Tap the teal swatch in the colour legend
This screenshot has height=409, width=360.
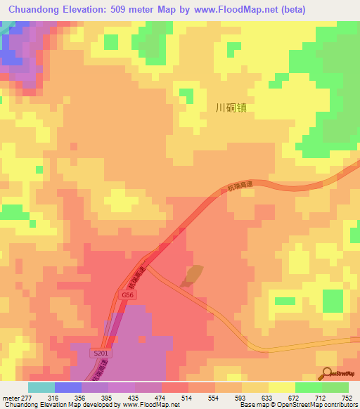(x=41, y=387)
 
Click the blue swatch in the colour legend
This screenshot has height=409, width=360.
(x=68, y=387)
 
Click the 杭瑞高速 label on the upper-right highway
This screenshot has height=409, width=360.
(x=239, y=186)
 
